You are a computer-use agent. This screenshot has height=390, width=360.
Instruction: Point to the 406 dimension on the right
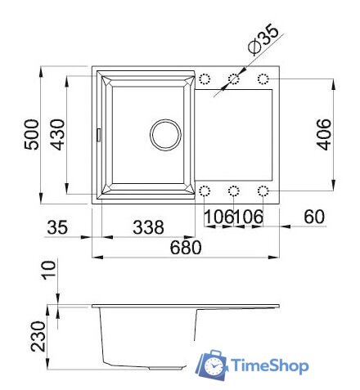click(x=323, y=133)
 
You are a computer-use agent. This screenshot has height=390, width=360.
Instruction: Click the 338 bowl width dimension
click(x=148, y=226)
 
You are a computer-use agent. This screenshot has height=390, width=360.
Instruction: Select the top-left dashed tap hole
click(x=205, y=79)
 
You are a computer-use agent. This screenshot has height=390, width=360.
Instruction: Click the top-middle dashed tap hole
click(x=234, y=79)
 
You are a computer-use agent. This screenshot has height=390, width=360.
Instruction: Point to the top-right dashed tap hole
click(x=263, y=79)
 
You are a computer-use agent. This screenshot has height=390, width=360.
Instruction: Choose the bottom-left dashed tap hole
click(x=205, y=191)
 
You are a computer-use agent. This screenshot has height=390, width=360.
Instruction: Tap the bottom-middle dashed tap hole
click(x=234, y=191)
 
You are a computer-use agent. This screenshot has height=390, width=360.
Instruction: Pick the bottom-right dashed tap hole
click(x=263, y=191)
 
